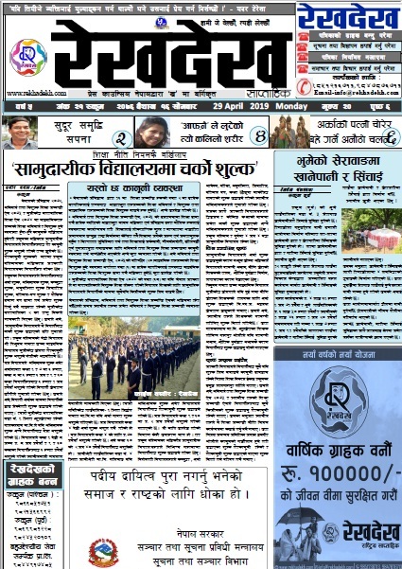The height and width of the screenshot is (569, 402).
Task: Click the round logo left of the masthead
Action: pos(28,56)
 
